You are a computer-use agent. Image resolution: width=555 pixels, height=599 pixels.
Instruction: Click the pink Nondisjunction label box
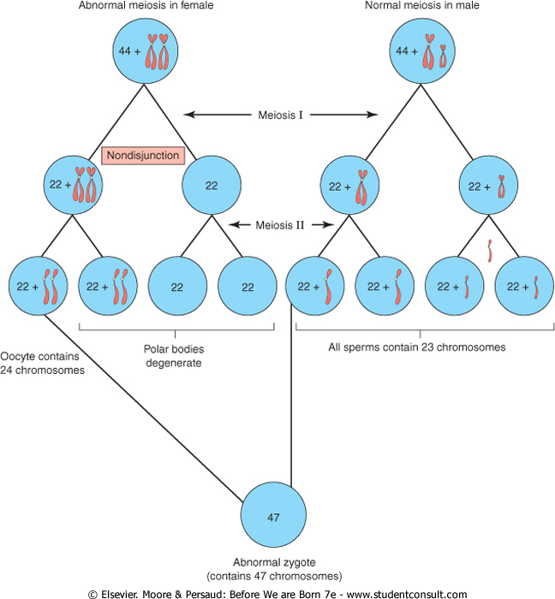pos(141,156)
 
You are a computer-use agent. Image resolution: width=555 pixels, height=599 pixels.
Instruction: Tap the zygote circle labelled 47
pos(274,516)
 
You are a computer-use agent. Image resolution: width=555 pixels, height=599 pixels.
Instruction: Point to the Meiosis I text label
pos(282,113)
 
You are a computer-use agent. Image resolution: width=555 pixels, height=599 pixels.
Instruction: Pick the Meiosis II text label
pos(282,225)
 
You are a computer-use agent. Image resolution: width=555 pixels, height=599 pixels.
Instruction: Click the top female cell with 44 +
pos(143,53)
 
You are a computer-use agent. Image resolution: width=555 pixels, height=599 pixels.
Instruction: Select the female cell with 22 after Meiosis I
pos(212,182)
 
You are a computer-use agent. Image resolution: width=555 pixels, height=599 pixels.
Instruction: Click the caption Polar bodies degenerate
pos(176,356)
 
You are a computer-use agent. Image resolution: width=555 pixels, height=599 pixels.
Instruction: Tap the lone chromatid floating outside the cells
pos(489,251)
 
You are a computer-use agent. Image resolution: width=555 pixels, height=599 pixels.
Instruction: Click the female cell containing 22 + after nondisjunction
pos(74,182)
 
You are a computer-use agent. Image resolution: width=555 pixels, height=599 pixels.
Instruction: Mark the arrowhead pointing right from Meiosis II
pos(330,225)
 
